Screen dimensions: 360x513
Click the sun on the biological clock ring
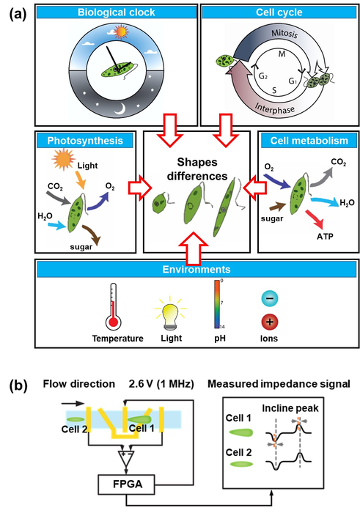[120, 32]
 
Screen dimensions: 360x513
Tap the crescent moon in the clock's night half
[119, 108]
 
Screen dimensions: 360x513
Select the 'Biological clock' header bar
[116, 12]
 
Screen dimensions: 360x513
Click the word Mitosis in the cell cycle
[284, 34]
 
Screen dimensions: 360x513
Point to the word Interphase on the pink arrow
[274, 108]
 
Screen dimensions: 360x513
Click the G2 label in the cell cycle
[263, 76]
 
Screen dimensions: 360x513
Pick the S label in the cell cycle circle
[274, 90]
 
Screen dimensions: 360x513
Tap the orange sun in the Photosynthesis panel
[64, 159]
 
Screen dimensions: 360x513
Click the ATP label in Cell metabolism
[325, 236]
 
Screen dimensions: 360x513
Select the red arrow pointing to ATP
[315, 219]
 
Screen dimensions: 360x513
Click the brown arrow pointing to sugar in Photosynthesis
[92, 235]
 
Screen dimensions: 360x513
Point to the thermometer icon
[113, 306]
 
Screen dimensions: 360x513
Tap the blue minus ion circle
[270, 298]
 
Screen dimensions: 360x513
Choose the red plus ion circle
[270, 322]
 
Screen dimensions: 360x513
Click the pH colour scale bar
[217, 304]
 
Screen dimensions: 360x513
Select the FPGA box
[126, 484]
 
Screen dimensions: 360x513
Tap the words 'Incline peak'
[290, 408]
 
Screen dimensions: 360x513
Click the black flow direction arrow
[73, 404]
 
